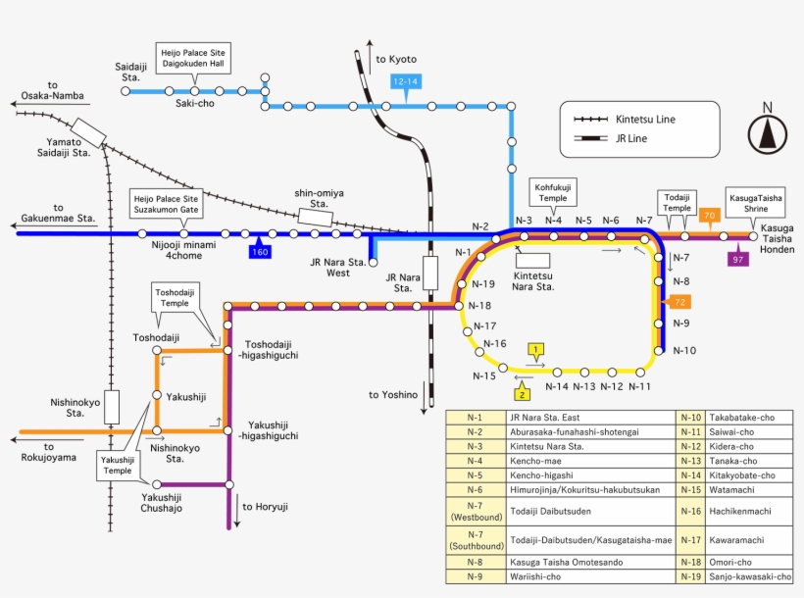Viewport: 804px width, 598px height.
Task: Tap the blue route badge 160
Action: pos(260,252)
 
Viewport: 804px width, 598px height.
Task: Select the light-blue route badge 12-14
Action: pos(406,81)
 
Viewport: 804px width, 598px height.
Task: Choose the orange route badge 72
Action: pos(678,302)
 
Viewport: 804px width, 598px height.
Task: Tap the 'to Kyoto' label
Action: pos(396,60)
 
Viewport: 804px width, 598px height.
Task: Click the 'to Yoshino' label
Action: pos(393,395)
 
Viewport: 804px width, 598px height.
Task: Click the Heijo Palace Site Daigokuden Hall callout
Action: pos(193,57)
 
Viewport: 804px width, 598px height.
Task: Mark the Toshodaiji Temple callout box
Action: pos(175,297)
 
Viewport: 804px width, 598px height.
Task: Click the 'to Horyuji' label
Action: pos(265,507)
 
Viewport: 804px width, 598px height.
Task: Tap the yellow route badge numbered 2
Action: pos(523,394)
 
